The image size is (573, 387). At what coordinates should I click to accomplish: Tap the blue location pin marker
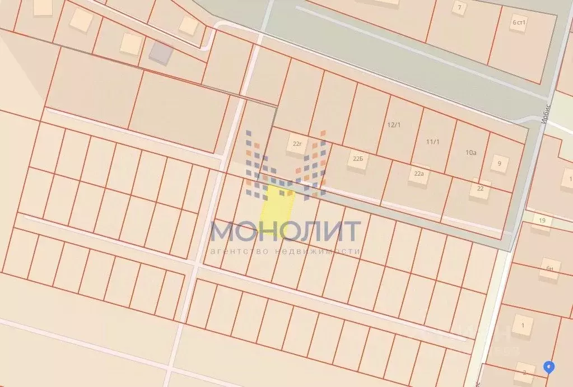(x=549, y=367)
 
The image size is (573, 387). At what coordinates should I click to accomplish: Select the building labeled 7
(x=460, y=8)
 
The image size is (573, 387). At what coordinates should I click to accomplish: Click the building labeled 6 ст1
(x=520, y=22)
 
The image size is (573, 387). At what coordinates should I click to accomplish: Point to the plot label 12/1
(x=394, y=124)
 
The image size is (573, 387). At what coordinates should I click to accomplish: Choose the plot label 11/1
(x=432, y=142)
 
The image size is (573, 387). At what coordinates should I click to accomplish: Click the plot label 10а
(x=471, y=152)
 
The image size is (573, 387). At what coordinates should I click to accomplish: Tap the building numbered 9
(x=499, y=164)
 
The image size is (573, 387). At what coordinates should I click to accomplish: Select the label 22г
(x=297, y=144)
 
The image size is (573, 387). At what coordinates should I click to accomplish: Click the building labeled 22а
(x=418, y=174)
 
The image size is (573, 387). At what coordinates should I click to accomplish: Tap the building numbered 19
(x=542, y=221)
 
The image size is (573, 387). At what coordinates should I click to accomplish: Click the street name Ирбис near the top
(x=547, y=113)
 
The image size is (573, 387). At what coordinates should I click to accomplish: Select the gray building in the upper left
(x=161, y=53)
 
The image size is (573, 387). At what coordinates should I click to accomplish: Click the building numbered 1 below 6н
(x=523, y=325)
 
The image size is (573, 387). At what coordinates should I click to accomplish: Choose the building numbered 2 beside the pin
(x=525, y=371)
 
